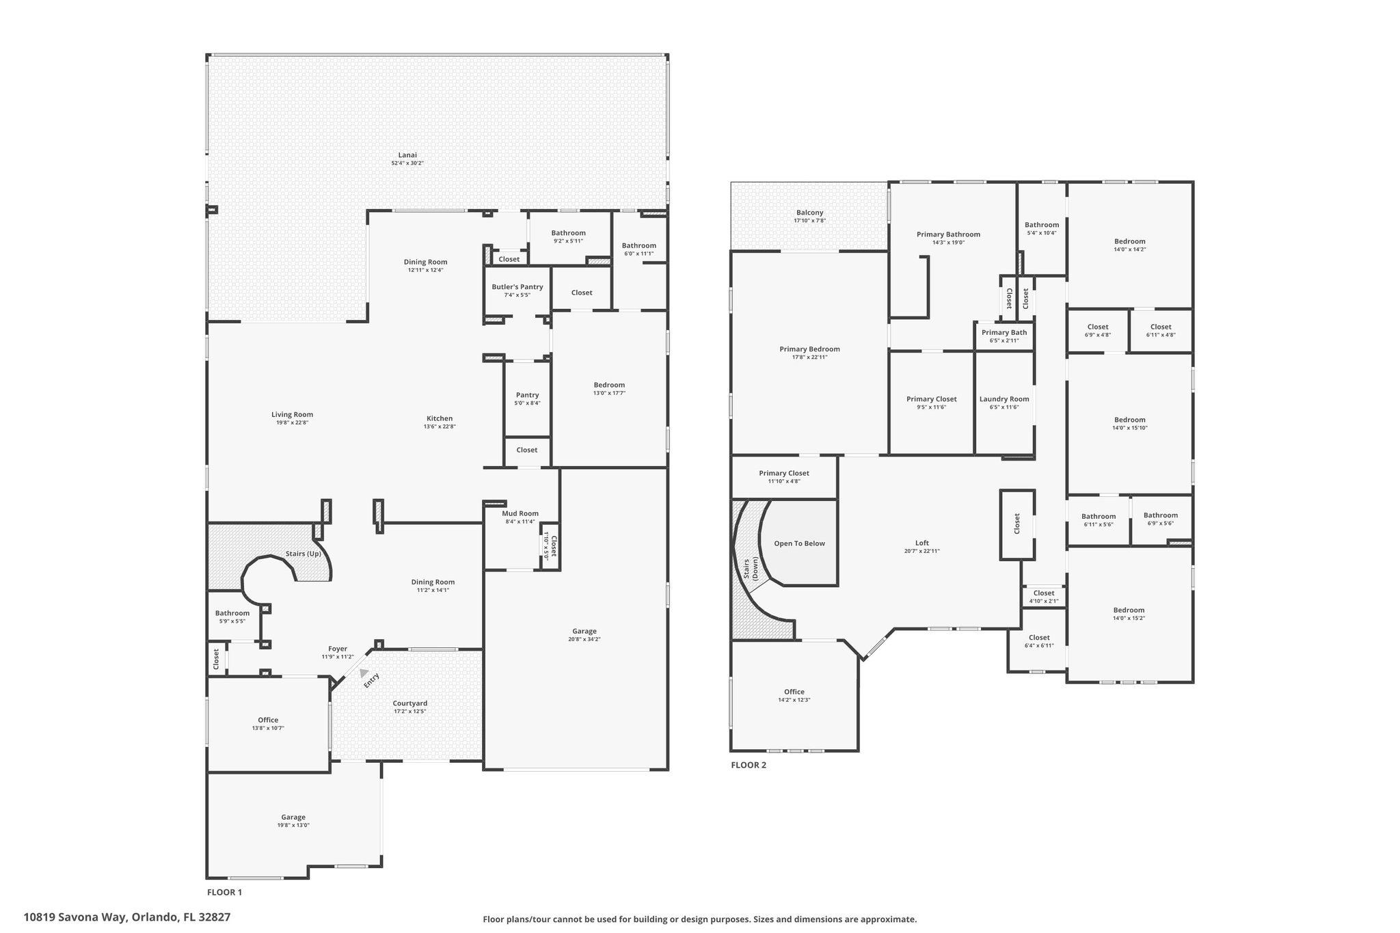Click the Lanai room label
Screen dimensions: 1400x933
pos(407,154)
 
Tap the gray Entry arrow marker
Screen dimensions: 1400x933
pos(364,673)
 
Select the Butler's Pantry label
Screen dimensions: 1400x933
pos(517,287)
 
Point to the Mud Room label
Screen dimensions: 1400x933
pos(520,513)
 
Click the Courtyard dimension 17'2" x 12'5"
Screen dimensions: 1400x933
pos(410,712)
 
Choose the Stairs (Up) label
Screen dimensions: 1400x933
pos(304,554)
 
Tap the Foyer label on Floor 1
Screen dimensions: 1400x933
pos(338,649)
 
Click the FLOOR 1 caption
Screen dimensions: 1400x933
pos(224,892)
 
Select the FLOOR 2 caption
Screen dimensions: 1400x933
pos(749,765)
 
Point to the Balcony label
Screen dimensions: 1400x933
pos(810,213)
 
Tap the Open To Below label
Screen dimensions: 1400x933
pos(800,543)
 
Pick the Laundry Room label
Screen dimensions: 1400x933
pos(1004,399)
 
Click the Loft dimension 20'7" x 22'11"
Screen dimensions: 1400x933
pos(922,551)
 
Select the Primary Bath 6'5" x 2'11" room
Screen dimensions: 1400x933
pos(1004,335)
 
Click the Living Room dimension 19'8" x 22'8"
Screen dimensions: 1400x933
pos(292,422)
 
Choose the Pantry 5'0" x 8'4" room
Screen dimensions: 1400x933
pos(527,398)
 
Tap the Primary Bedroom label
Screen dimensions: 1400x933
pos(809,349)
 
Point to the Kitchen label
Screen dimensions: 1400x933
pos(440,418)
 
